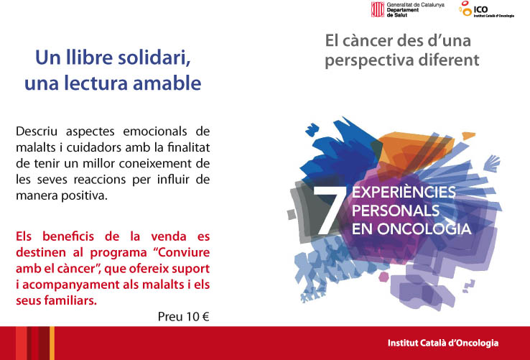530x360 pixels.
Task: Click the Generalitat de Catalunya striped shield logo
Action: coord(378,9)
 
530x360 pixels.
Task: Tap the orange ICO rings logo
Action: coord(465,9)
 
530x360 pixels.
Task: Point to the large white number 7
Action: coord(330,210)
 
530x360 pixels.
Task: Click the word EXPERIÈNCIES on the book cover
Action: coord(404,193)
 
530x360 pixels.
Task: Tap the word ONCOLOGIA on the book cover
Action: coord(424,229)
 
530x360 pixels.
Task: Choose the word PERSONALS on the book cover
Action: coord(396,211)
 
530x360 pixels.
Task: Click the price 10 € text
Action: coord(197,317)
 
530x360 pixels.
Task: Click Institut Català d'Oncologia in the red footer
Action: coord(443,343)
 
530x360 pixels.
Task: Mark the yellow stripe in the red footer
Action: coord(52,343)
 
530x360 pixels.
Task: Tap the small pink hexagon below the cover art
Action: coord(383,277)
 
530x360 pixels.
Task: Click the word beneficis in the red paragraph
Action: coord(68,236)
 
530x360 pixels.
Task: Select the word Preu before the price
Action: coord(169,317)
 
